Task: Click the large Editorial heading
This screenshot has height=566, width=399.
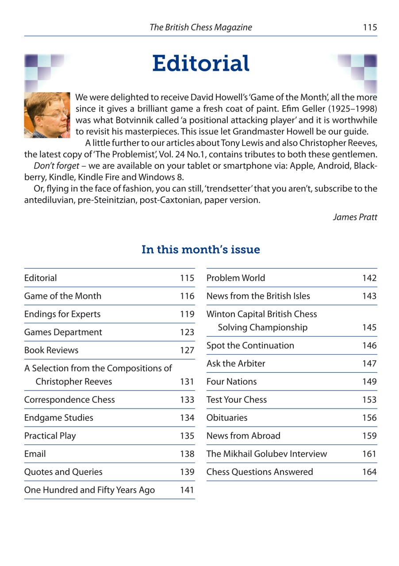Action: coord(201,64)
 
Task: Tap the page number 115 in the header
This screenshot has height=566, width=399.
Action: coord(369,27)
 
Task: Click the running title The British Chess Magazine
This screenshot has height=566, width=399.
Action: coord(201,27)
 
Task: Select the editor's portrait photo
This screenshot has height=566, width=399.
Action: coord(47,115)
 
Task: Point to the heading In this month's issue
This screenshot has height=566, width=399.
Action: coord(200,250)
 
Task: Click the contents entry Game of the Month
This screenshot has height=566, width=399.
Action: coord(63,296)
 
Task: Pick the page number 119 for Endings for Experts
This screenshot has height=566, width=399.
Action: coord(187,314)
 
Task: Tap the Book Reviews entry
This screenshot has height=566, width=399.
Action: coord(51,350)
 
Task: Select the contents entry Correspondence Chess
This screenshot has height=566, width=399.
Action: coord(69,400)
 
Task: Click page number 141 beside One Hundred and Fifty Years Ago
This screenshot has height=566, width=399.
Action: coord(187,490)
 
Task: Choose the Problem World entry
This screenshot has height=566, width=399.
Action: coord(236,278)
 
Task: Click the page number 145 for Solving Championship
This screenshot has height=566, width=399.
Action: coord(369,328)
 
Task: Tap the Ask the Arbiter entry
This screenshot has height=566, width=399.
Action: coord(236,363)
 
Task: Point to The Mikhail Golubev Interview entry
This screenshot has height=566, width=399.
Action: coord(267,454)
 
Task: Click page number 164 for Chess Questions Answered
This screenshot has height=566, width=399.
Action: coord(369,472)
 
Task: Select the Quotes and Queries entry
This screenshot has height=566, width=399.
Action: coord(63,472)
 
